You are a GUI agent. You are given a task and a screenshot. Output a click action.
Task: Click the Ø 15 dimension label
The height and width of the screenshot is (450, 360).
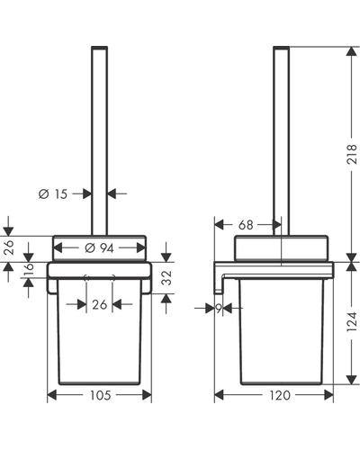[x=53, y=194]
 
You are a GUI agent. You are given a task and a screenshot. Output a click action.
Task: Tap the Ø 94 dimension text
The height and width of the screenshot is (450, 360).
[x=99, y=248]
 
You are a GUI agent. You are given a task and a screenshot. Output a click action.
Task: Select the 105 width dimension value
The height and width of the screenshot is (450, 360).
[x=101, y=395]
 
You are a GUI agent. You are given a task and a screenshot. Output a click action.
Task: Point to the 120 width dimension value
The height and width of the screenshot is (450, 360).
[x=280, y=395]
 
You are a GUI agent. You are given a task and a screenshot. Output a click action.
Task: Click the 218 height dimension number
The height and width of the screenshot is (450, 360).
[x=352, y=154]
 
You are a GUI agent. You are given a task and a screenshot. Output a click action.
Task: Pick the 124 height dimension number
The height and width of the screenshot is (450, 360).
[x=352, y=321]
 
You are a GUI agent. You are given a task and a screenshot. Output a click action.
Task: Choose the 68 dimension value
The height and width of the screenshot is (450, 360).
[x=246, y=225]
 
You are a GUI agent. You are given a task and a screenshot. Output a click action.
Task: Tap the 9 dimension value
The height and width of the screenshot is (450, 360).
[x=219, y=308]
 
